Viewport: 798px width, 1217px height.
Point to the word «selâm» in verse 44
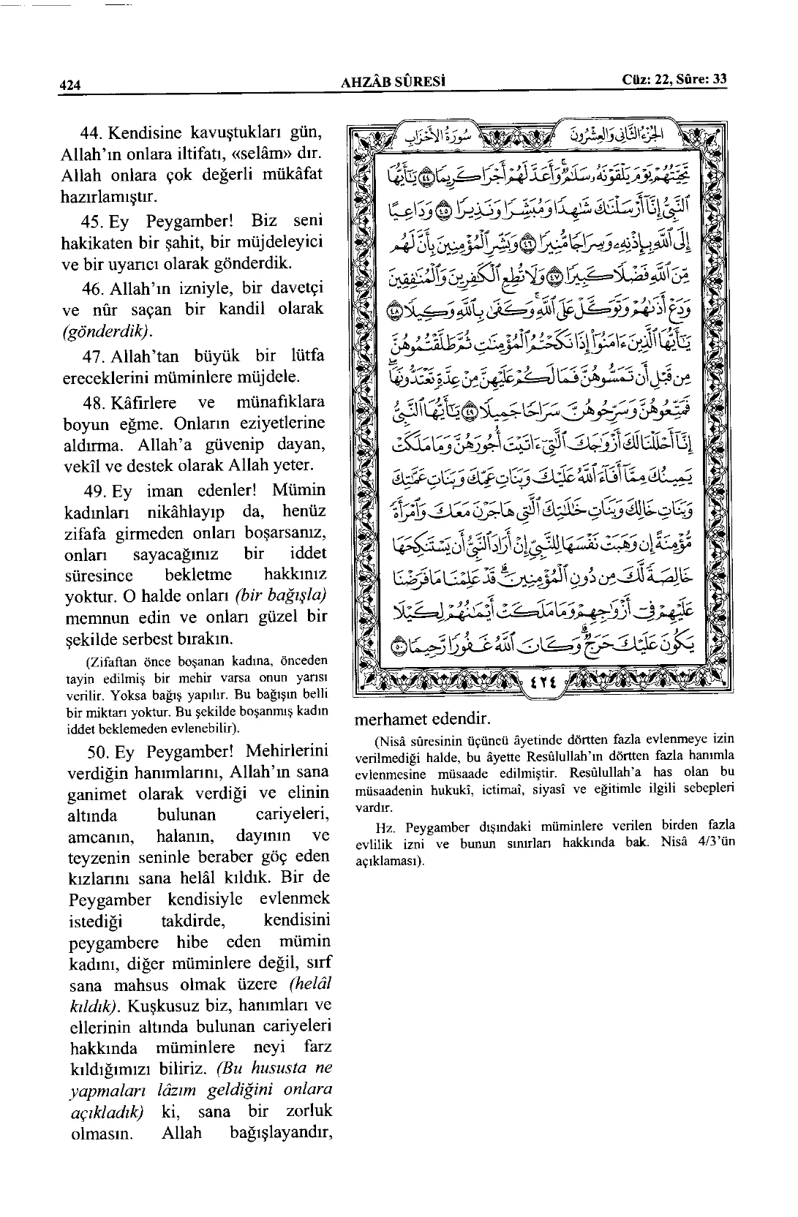tap(257, 155)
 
